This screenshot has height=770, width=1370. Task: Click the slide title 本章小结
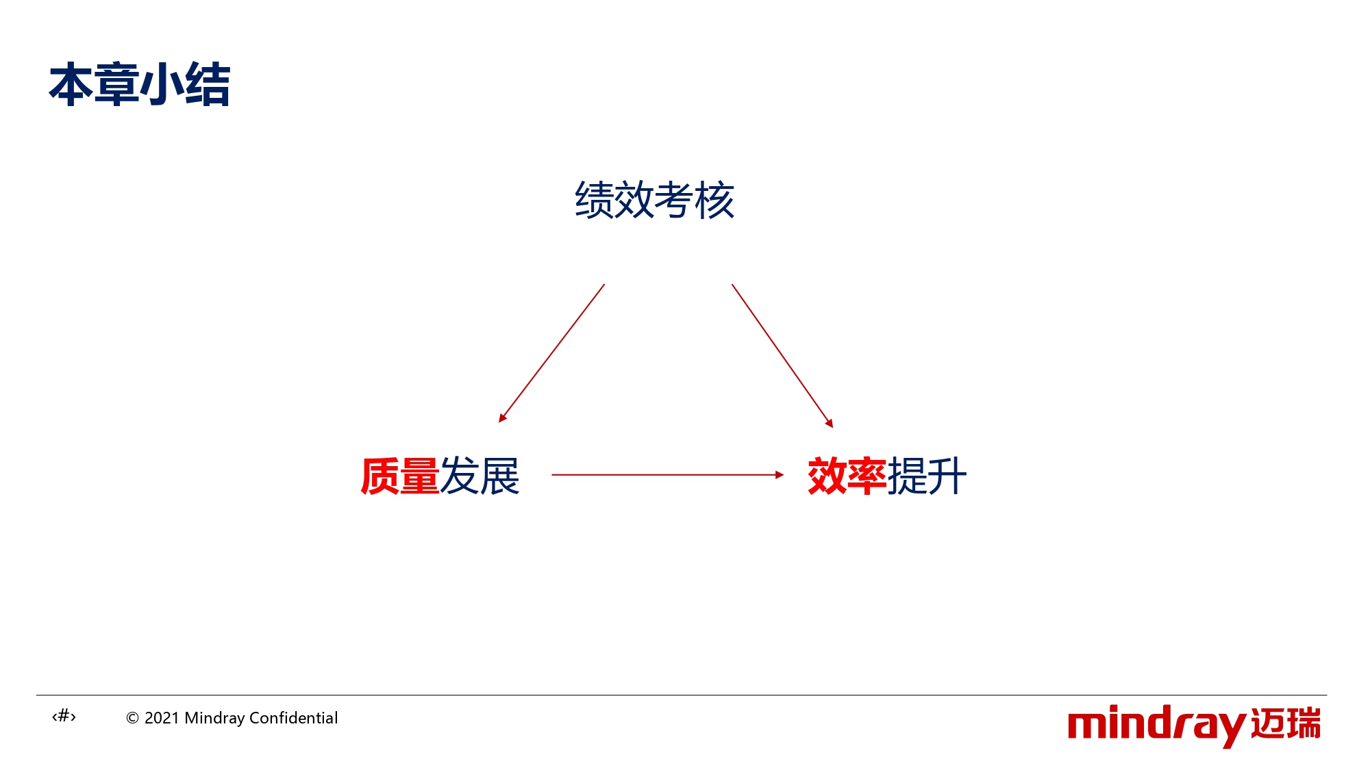[x=140, y=85]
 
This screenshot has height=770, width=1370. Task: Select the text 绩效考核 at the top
[x=655, y=200]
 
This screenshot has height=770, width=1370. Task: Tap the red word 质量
[x=400, y=476]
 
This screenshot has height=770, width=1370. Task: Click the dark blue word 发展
[x=480, y=476]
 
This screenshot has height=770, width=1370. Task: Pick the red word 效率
[x=847, y=476]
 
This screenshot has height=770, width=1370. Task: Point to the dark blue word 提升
[x=927, y=476]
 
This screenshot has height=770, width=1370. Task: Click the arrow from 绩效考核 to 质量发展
[x=551, y=353]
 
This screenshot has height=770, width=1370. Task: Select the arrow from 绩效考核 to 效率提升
[x=782, y=356]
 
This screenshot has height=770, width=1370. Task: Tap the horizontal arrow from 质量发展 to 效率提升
[x=668, y=474]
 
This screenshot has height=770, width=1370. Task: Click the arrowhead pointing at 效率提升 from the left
[x=780, y=474]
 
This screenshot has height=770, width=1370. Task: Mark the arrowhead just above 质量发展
[x=502, y=418]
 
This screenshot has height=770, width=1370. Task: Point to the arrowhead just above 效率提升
[x=830, y=423]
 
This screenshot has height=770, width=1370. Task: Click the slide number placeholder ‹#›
[x=64, y=717]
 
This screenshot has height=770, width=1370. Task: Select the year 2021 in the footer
[x=162, y=718]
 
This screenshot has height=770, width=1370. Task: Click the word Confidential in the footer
[x=293, y=718]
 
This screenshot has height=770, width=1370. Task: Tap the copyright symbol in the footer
[x=133, y=718]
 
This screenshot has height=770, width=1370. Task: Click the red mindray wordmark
[x=1157, y=726]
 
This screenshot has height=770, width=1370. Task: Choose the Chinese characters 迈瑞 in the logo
[x=1286, y=723]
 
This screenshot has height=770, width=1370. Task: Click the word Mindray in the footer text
[x=214, y=719]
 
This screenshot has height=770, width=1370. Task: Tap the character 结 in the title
[x=208, y=85]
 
